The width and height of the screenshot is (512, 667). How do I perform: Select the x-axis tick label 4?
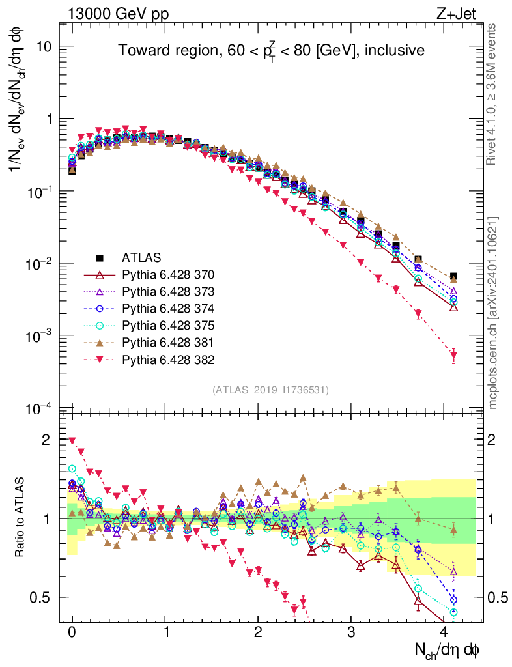coord(445,632)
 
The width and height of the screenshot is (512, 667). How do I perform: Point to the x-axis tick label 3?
coord(352,632)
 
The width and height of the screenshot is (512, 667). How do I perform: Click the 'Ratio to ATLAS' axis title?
coord(21,518)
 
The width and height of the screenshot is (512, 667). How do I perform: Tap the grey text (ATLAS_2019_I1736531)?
coord(270,390)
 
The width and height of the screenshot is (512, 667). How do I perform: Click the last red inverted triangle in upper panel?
coord(453,356)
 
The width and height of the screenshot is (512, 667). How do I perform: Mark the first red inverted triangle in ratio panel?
coord(72,441)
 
